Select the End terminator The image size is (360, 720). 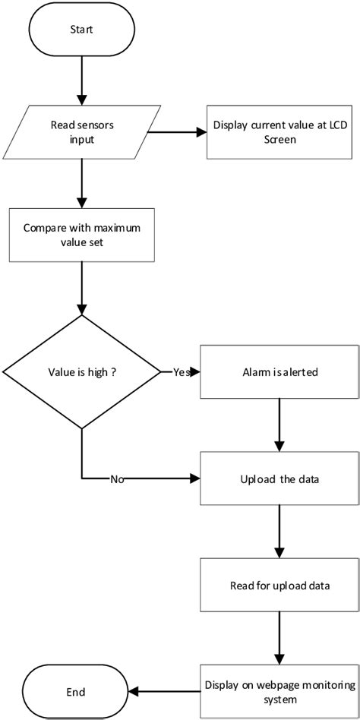pos(76,692)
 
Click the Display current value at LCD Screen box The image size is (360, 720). pos(279,131)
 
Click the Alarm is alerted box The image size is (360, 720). pos(279,372)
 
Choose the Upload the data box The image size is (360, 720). pos(279,478)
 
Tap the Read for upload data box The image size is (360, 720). pos(279,586)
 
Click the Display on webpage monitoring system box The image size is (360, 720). pos(279,692)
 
